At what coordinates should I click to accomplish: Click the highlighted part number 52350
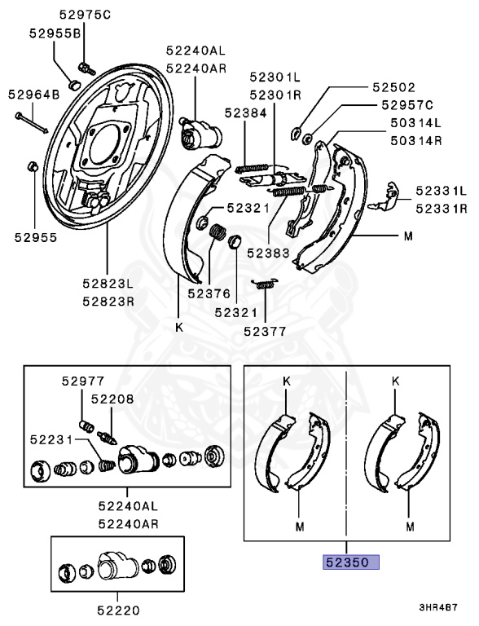(x=349, y=562)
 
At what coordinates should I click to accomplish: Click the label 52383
(x=268, y=253)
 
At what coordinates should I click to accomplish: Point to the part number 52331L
(x=441, y=191)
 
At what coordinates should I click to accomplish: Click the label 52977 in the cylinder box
(x=82, y=380)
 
